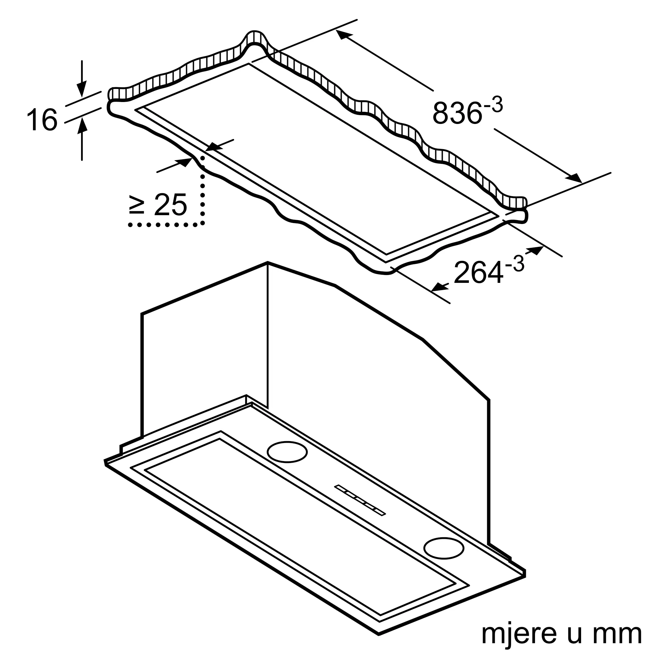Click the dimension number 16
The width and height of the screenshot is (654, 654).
point(42,119)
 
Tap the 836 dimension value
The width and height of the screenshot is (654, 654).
point(457,113)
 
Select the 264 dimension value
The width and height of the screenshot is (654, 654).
point(478,272)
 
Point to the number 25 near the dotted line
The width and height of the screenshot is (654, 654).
point(170,204)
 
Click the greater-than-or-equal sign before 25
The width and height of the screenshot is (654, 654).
point(137,205)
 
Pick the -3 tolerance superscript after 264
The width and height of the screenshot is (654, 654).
point(514,264)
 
